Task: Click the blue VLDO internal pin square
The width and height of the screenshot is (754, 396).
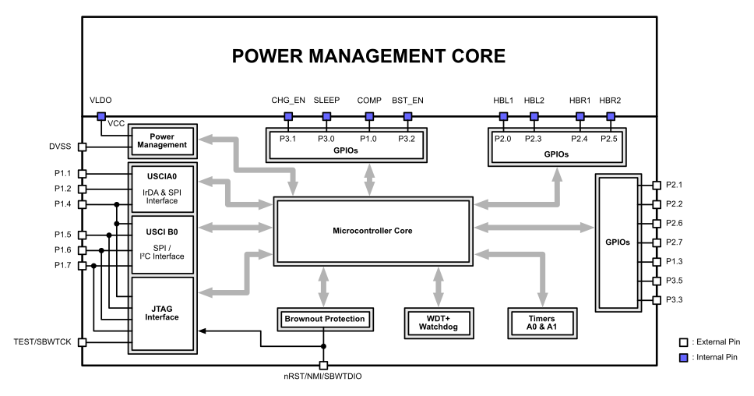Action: point(100,117)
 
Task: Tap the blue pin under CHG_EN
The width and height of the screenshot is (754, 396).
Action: point(287,117)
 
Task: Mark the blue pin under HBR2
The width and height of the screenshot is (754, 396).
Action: point(611,117)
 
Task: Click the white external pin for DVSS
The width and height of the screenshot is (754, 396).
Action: point(82,146)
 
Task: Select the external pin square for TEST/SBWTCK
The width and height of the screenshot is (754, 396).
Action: point(82,341)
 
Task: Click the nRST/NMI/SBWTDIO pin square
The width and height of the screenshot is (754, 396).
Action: point(323,366)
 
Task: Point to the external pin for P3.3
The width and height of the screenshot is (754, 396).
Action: point(656,300)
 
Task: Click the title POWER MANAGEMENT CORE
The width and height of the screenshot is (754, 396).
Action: point(370,57)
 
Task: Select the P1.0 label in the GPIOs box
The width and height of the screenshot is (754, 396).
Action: point(368,138)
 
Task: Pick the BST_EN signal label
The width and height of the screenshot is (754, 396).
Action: point(407,101)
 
